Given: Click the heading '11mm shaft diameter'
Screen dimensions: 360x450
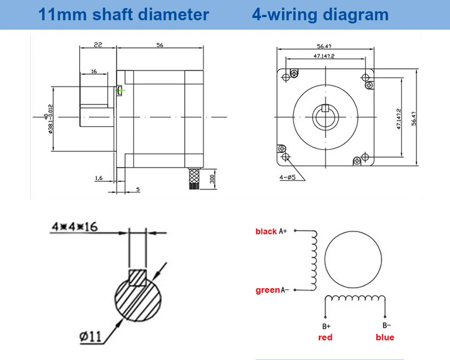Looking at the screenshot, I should [x=123, y=14].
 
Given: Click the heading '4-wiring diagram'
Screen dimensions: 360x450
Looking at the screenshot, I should [x=320, y=14].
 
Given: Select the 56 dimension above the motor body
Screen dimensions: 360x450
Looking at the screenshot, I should [x=160, y=45].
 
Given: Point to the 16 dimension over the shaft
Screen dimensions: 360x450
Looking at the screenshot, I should [x=94, y=71].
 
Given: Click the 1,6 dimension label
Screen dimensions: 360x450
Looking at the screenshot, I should [x=99, y=178].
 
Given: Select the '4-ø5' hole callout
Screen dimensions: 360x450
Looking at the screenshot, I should [x=287, y=177].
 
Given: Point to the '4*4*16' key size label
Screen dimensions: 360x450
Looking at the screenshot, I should [x=75, y=226].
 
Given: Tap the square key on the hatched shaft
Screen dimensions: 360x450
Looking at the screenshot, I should [x=137, y=278].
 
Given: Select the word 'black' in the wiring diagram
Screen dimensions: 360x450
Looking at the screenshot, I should [x=266, y=231].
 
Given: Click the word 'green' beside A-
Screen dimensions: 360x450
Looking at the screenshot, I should [x=268, y=290].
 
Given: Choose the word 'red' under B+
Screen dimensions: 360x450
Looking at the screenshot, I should [x=325, y=337].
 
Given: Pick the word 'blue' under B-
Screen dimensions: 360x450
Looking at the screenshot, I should [x=385, y=337].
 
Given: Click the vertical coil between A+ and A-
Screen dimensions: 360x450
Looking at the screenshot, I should [x=314, y=261].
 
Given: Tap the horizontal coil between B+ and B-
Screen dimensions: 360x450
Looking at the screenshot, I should [x=355, y=298].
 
